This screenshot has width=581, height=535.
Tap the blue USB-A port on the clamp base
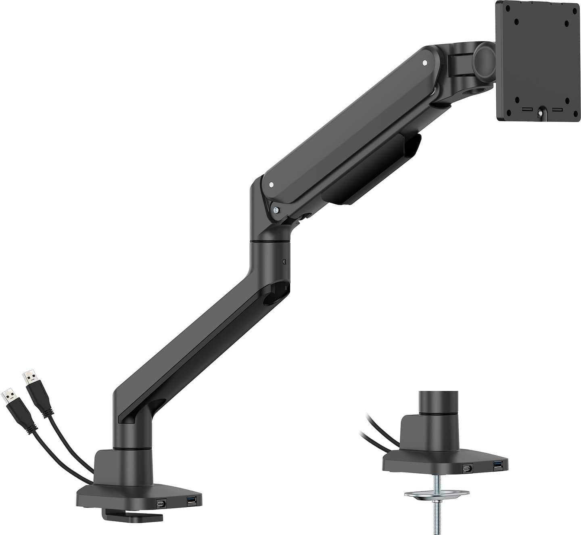point(191,501)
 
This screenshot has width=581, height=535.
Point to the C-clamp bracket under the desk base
point(133,515)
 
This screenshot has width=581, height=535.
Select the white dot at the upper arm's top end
point(424,63)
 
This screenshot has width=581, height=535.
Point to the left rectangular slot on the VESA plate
point(525,109)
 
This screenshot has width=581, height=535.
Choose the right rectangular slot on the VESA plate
point(557,109)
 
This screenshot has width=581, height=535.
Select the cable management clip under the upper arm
point(371,169)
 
